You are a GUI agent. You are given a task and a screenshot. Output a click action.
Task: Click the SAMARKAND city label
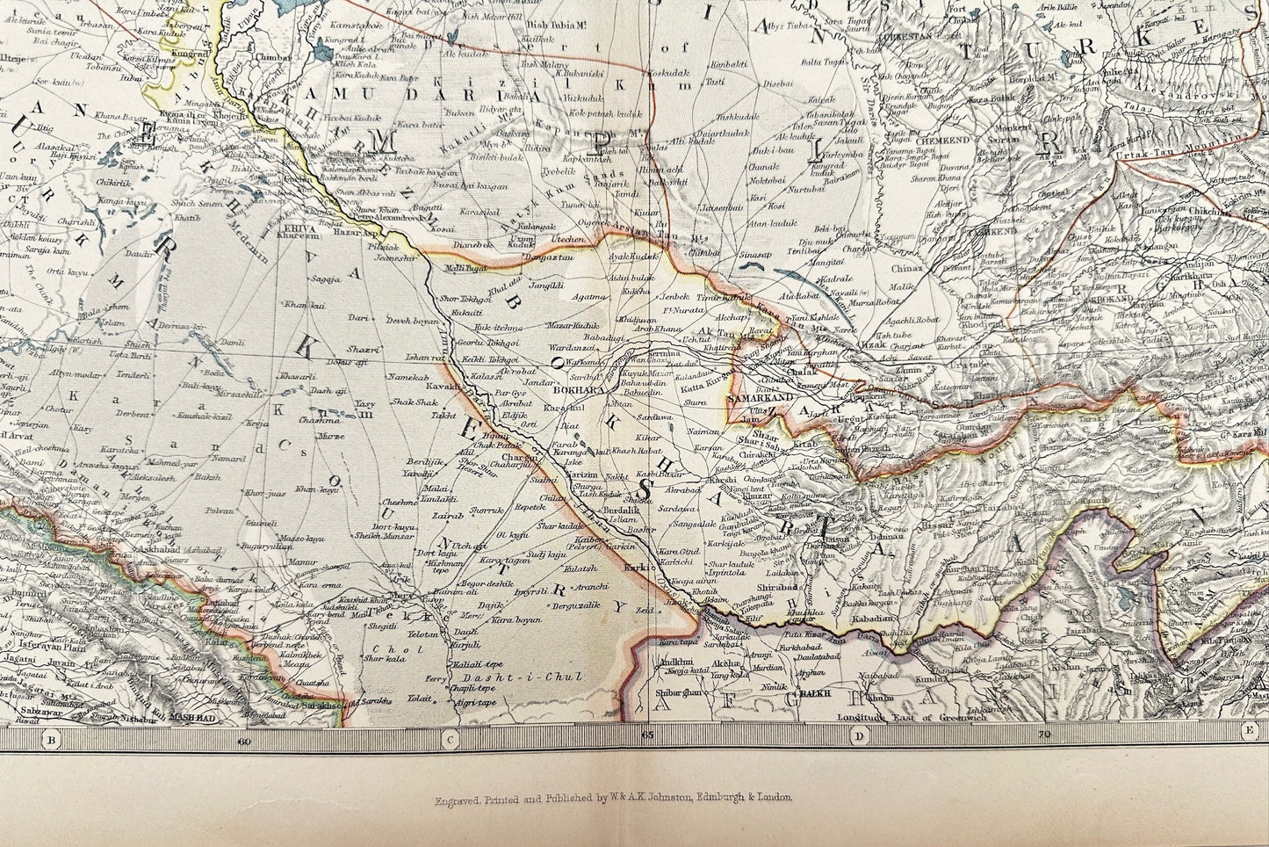coord(759,398)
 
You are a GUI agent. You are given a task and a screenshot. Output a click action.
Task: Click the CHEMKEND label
coord(940,139)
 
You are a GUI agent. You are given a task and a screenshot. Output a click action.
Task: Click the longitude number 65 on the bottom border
coord(646,735)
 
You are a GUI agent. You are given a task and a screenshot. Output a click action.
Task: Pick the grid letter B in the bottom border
coord(52,739)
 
